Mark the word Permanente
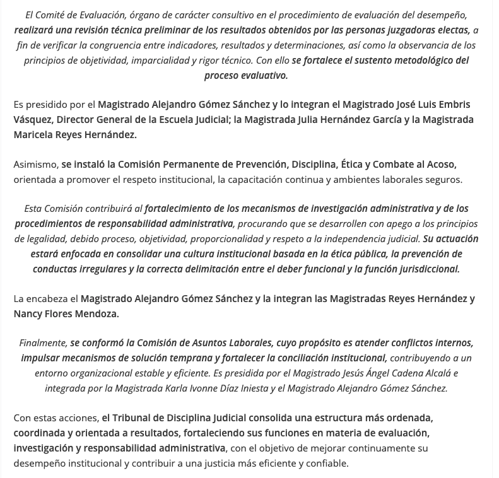tap(191, 164)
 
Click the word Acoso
tap(440, 164)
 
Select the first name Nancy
tap(28, 313)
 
